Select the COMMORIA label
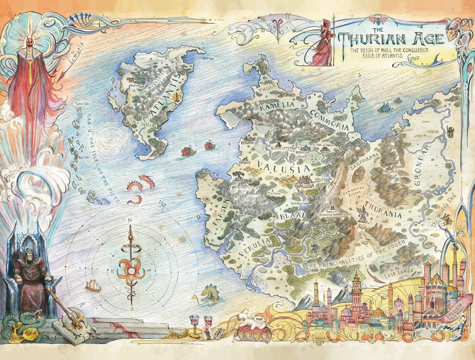click(x=330, y=120)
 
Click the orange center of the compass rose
click(x=130, y=271)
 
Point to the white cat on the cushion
click(x=253, y=321)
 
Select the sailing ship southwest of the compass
click(x=93, y=286)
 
